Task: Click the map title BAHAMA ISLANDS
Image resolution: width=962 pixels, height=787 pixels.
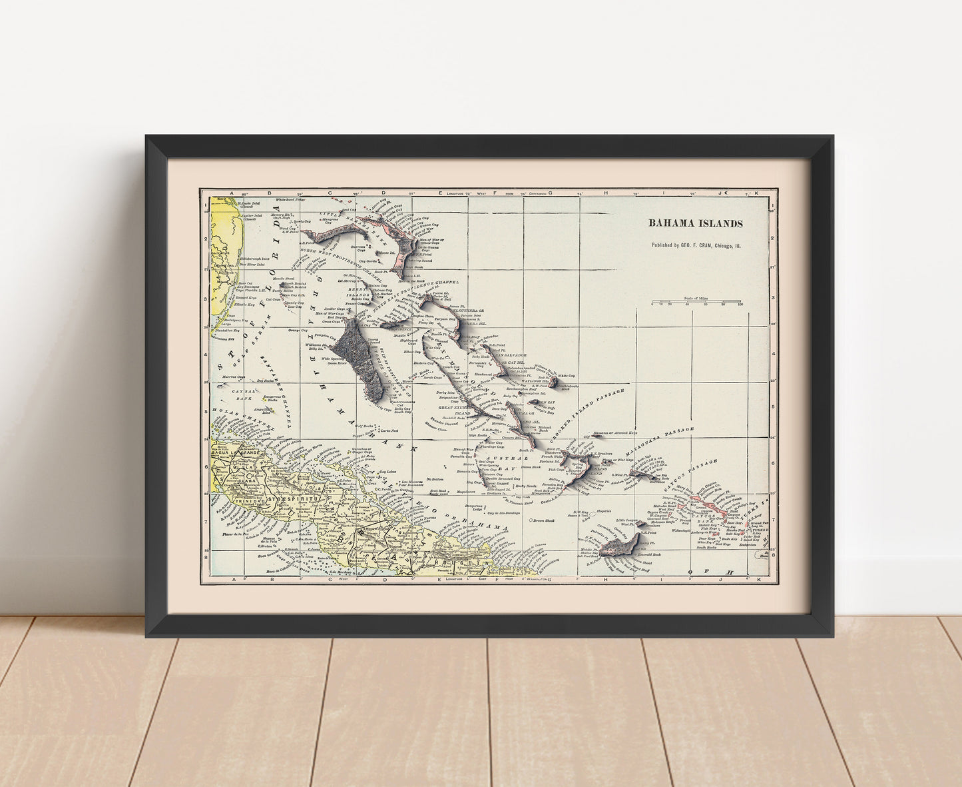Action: click(696, 223)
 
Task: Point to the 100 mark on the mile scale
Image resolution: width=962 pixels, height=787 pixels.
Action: click(740, 305)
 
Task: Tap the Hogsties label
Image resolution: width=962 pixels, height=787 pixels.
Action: click(604, 512)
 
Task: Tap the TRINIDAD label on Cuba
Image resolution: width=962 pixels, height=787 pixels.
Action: click(248, 499)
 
